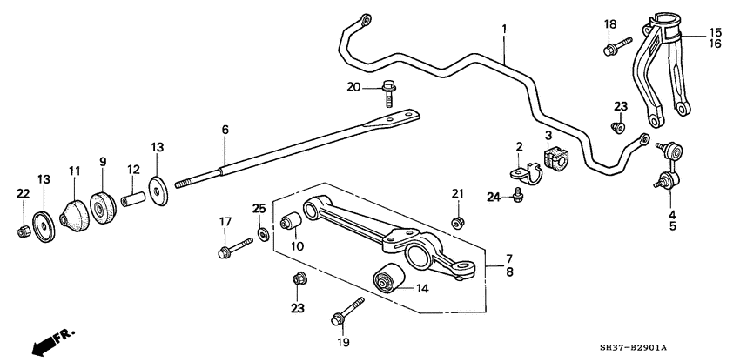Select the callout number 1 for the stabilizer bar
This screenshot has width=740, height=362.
point(503,30)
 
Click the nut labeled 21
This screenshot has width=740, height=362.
point(457,223)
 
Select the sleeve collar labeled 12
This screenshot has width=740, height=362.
point(133,200)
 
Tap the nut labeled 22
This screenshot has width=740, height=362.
point(24,231)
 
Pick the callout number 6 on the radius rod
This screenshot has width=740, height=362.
point(225,130)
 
